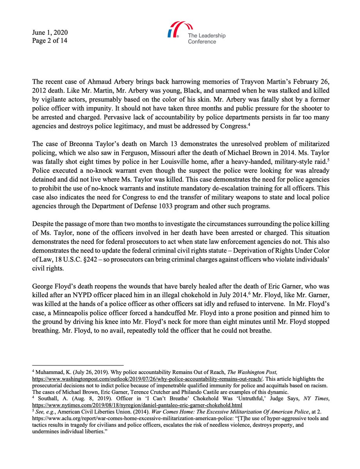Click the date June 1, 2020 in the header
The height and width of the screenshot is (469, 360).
pyautogui.click(x=50, y=32)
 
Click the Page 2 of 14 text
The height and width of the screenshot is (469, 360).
pyautogui.click(x=50, y=40)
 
